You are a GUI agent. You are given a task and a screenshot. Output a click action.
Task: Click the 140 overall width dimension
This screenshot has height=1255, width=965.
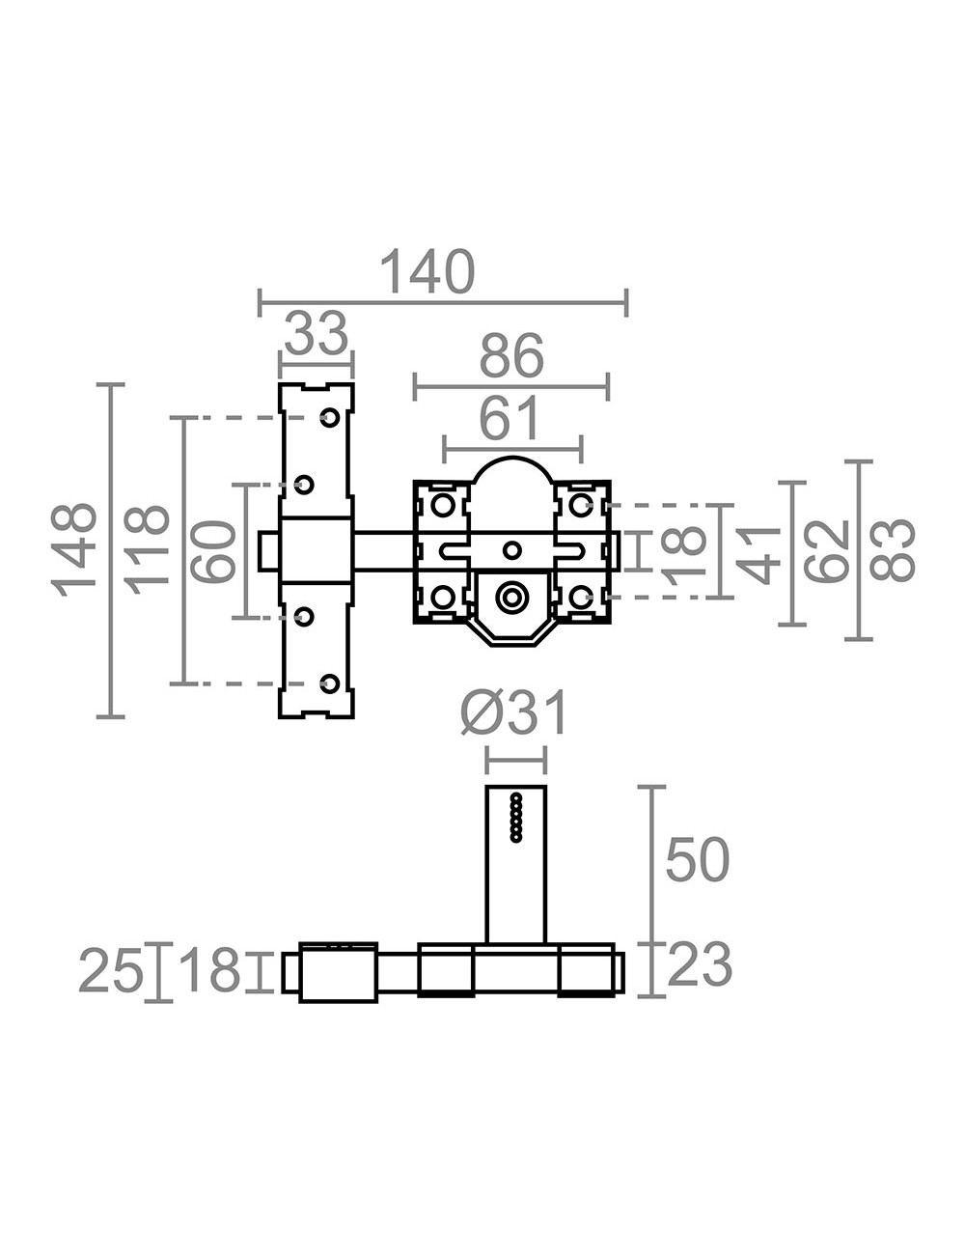[427, 271]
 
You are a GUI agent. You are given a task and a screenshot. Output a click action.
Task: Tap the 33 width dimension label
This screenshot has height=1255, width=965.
[317, 333]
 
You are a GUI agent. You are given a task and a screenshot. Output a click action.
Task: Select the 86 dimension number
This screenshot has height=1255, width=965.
[511, 355]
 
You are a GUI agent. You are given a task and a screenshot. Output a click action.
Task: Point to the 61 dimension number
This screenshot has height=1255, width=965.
[510, 417]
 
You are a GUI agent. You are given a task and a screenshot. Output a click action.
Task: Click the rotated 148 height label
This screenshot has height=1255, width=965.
[74, 550]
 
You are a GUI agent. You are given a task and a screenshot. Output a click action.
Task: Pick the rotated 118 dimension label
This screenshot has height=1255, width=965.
[148, 550]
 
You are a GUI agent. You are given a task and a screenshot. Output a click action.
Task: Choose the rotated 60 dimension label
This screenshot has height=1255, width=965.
[213, 551]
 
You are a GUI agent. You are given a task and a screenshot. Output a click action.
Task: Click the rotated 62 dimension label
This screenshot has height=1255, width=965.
[826, 550]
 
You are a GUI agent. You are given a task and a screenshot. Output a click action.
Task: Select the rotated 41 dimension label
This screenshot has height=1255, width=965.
[758, 554]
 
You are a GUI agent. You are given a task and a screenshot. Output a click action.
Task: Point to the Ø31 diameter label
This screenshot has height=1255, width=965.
[514, 714]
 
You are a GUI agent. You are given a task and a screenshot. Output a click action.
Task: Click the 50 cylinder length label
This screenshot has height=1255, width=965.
[697, 859]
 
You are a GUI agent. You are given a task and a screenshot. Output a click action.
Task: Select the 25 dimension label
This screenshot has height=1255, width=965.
[111, 971]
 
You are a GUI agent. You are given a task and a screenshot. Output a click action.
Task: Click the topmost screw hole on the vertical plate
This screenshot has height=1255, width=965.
[330, 418]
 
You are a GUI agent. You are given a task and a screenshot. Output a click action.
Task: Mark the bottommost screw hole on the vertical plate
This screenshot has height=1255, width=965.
[330, 683]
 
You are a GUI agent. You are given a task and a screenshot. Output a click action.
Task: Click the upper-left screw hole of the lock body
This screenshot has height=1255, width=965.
[443, 505]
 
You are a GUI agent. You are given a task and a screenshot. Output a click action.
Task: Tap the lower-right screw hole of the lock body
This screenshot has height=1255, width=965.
[580, 598]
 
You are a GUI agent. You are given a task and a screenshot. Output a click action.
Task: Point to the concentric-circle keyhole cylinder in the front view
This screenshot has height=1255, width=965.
[510, 598]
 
